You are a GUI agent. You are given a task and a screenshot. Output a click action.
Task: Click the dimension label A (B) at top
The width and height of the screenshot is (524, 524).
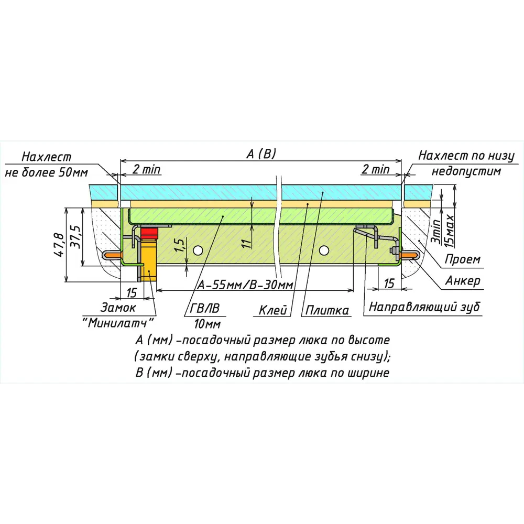[x=261, y=154]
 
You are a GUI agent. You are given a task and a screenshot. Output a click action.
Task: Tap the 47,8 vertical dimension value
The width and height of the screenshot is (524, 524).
[x=61, y=245]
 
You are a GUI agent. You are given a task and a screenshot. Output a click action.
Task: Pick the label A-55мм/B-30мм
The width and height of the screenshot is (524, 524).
[x=245, y=285]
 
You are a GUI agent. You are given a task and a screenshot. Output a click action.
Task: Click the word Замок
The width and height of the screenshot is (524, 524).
[x=118, y=308]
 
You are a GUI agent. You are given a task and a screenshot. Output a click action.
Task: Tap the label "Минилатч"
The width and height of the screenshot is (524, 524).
[x=119, y=322]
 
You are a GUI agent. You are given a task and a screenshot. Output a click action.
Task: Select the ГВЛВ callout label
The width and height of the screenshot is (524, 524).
[x=198, y=309]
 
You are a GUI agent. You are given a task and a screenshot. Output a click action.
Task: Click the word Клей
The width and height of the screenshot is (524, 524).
[x=274, y=310]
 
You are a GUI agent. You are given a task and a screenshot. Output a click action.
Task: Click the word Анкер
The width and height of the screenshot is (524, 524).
[x=462, y=281]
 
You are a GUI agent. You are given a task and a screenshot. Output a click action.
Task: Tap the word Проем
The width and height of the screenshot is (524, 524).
[x=462, y=259]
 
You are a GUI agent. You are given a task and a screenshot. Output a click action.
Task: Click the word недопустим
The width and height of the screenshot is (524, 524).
[x=466, y=171]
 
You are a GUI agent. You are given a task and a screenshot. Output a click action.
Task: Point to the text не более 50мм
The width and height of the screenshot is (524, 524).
[x=47, y=172]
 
